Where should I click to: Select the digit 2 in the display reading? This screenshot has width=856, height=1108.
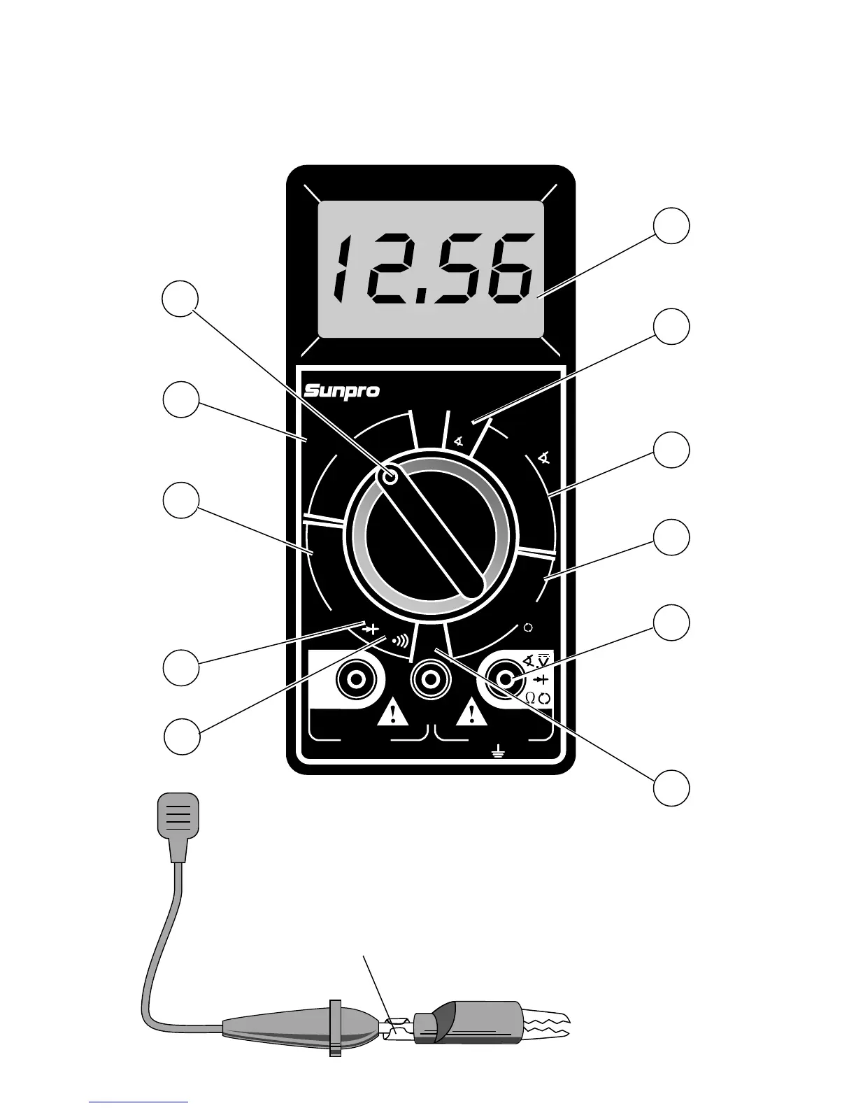382,269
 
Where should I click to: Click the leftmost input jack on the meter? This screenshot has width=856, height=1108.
359,678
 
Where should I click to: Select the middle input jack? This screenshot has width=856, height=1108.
430,678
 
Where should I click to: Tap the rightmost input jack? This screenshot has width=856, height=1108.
506,679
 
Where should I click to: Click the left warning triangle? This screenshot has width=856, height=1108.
394,713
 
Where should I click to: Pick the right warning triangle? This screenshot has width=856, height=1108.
473,713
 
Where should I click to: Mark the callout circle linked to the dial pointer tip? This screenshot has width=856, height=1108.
180,299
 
